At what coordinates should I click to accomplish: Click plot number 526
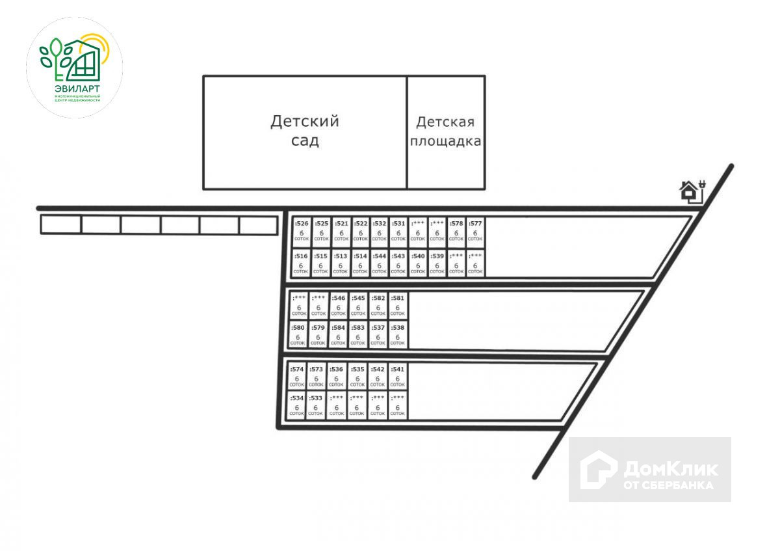[x=302, y=231]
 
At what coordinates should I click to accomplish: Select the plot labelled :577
[x=475, y=231]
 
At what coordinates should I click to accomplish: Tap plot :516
[x=302, y=263]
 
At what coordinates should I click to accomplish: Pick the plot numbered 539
[x=437, y=263]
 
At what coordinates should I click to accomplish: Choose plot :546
[x=338, y=305]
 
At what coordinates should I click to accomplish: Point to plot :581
[x=397, y=305]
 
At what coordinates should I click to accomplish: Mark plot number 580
[x=298, y=334]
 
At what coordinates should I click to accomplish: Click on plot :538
[x=397, y=334]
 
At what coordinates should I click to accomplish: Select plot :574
[x=297, y=376]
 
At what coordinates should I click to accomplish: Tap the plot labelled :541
[x=397, y=376]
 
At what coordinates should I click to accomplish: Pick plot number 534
[x=297, y=405]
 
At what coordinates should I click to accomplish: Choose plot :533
[x=316, y=405]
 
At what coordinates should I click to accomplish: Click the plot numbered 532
[x=379, y=231]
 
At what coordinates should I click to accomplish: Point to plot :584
[x=338, y=334]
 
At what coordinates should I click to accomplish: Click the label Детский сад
[x=305, y=131]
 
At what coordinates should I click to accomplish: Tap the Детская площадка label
[x=446, y=131]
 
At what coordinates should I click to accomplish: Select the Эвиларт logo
[x=74, y=68]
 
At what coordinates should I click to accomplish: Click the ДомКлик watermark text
[x=669, y=469]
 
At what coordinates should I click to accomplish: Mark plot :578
[x=456, y=231]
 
